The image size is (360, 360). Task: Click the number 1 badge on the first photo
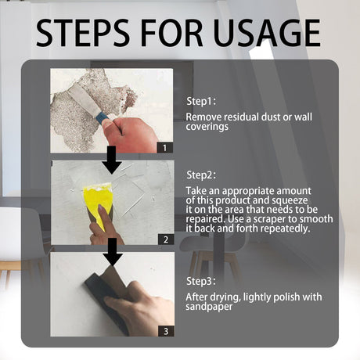click(x=165, y=146)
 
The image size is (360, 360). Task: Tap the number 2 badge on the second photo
click(x=165, y=239)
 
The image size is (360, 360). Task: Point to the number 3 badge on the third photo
click(x=165, y=331)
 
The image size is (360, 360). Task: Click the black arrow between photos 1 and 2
click(x=112, y=160)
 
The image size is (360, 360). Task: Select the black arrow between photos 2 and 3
click(x=112, y=252)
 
